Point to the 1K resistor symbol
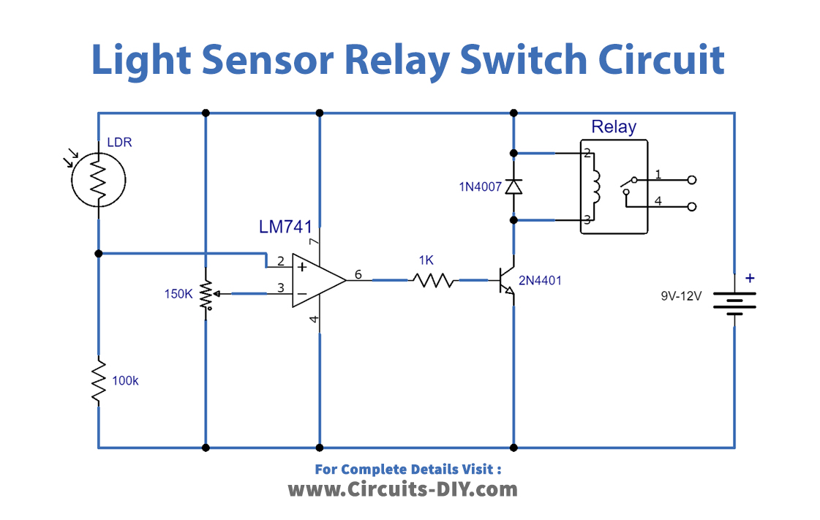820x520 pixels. tap(432, 279)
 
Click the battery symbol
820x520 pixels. tap(734, 302)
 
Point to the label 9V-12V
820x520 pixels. tap(680, 296)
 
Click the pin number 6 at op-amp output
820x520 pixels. tap(358, 274)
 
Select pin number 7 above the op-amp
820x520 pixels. tap(312, 241)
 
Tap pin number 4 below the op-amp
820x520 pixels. tap(312, 320)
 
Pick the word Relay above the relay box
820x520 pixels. tap(613, 127)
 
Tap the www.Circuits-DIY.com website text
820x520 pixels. tap(402, 489)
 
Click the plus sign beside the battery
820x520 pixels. tap(749, 278)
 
